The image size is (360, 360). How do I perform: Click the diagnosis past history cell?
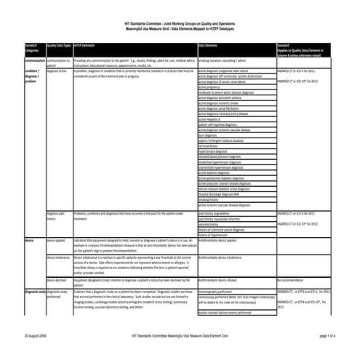tap(57, 217)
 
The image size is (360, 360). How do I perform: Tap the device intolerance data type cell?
tap(58, 257)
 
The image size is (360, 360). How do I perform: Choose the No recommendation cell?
tap(294, 279)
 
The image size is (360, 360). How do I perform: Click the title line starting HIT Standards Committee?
tap(179, 7)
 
